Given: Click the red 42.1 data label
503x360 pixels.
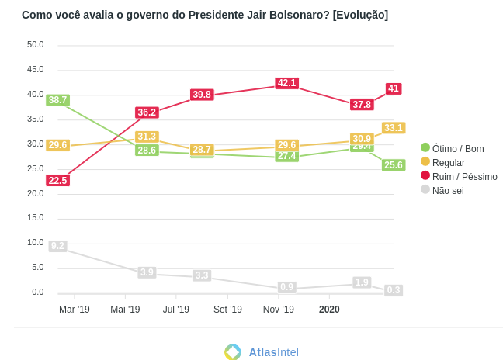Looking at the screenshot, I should [x=286, y=83].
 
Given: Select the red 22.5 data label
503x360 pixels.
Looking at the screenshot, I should [x=57, y=181].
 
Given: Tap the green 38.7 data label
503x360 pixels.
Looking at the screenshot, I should [x=57, y=100].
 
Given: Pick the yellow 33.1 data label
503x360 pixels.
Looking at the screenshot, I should [x=394, y=128].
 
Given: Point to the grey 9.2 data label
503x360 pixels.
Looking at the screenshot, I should [x=57, y=246].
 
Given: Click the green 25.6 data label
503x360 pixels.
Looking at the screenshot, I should [x=394, y=165].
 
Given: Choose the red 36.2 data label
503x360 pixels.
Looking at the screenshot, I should [x=147, y=112].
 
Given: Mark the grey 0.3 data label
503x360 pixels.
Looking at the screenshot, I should [x=394, y=290].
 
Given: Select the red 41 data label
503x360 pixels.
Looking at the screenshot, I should [x=394, y=88].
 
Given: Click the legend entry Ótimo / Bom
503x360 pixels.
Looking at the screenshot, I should [x=457, y=149].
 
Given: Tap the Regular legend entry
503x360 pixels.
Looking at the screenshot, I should [x=448, y=163].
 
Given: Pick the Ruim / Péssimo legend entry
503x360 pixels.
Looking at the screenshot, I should [x=464, y=177].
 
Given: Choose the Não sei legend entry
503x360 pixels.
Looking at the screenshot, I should [x=447, y=191].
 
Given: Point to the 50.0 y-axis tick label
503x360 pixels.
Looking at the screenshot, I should [x=36, y=44].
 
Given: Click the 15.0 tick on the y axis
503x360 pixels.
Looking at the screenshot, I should [x=36, y=217].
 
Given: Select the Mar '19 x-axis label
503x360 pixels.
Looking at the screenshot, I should [x=75, y=310].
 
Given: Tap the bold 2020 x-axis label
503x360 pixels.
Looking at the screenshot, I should [x=329, y=310].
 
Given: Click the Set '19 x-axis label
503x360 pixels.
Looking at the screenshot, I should [x=227, y=310].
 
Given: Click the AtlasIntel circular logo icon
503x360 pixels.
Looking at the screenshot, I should [x=233, y=351].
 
